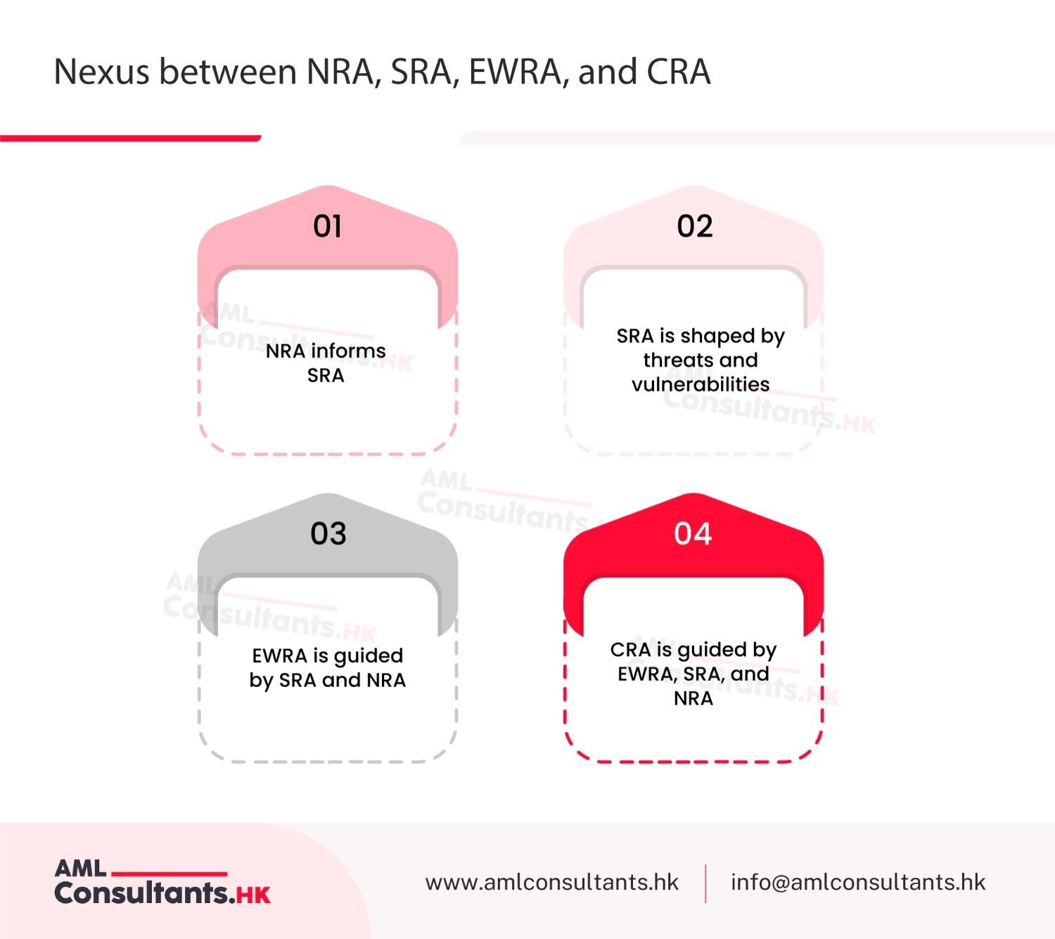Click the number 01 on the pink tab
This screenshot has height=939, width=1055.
pos(328,226)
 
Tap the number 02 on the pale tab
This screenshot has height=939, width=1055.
pos(695,226)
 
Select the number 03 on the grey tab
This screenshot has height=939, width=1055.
pos(328,534)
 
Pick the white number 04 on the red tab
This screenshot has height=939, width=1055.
pos(693,534)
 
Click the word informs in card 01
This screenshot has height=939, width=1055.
pos(348,351)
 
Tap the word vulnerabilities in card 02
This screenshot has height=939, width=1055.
pos(701,384)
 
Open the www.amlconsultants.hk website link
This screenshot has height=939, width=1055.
pos(552,882)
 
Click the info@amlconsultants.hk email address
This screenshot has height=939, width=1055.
pos(858,882)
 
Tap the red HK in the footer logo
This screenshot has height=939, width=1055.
pos(254,895)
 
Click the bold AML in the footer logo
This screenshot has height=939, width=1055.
pos(80,869)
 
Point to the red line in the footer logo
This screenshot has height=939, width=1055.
pos(170,874)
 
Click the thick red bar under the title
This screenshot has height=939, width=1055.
pos(130,138)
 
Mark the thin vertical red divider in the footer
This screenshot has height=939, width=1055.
pos(705,883)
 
